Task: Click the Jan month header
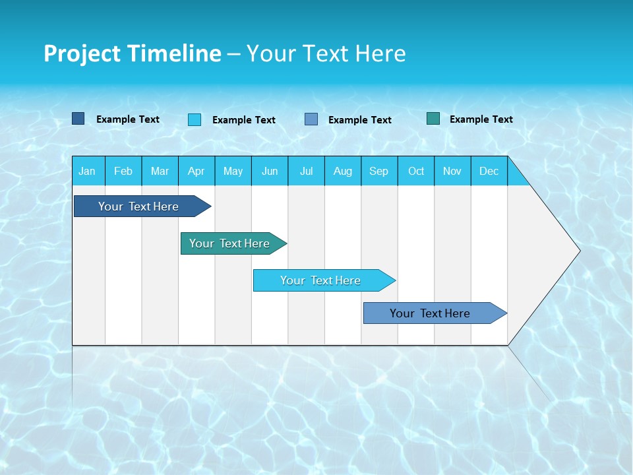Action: (88, 171)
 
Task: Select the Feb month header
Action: (123, 171)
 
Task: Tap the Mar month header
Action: (160, 171)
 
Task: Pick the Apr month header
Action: (196, 171)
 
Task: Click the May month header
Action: (233, 171)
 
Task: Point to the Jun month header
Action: (270, 171)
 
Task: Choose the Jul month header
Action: (306, 171)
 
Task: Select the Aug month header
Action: (343, 171)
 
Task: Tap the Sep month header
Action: (379, 171)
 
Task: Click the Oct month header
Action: (416, 171)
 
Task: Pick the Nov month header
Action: (452, 171)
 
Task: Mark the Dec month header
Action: (489, 171)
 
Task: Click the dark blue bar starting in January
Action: (139, 206)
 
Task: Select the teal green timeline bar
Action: (230, 243)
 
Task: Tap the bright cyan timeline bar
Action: (321, 280)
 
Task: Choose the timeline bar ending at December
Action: (431, 313)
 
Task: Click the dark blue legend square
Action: (78, 119)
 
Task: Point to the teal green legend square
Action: (433, 119)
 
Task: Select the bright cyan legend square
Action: (195, 119)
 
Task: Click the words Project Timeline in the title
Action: (133, 53)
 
